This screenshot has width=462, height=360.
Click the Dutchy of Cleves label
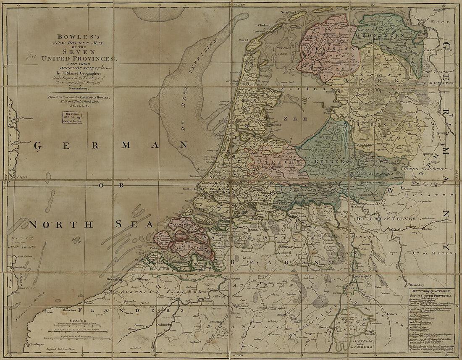(380, 219)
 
